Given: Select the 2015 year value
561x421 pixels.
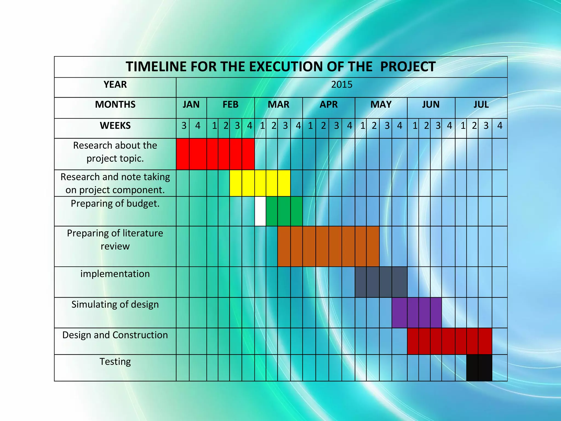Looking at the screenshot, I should coord(342,85).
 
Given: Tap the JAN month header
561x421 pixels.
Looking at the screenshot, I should coord(191,105).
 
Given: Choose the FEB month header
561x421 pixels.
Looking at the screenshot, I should coord(230,105).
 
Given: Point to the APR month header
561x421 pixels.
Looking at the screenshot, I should coord(329,105).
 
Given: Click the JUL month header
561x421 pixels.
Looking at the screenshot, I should coord(481,105).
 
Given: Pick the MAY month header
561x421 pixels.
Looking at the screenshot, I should coord(381,105).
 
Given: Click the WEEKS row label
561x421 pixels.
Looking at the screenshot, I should coord(115,126).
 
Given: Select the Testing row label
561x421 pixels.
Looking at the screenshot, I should coord(115,362).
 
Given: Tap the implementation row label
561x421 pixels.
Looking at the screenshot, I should coord(115,274).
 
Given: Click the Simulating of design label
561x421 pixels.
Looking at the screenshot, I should coord(115,305).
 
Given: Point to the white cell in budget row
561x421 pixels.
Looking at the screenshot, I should coord(260,211).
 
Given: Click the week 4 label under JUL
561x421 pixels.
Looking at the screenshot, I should coord(500,126).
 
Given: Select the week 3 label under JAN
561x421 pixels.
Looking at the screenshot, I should coord(184,126).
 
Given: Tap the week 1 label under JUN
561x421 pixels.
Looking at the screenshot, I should coord(415,126).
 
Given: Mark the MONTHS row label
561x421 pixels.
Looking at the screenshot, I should coord(115,105).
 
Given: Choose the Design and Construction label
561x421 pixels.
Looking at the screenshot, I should coord(115,335).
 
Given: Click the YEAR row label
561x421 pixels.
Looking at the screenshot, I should coord(115,85).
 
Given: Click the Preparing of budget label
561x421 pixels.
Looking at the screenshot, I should coord(115,204).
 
